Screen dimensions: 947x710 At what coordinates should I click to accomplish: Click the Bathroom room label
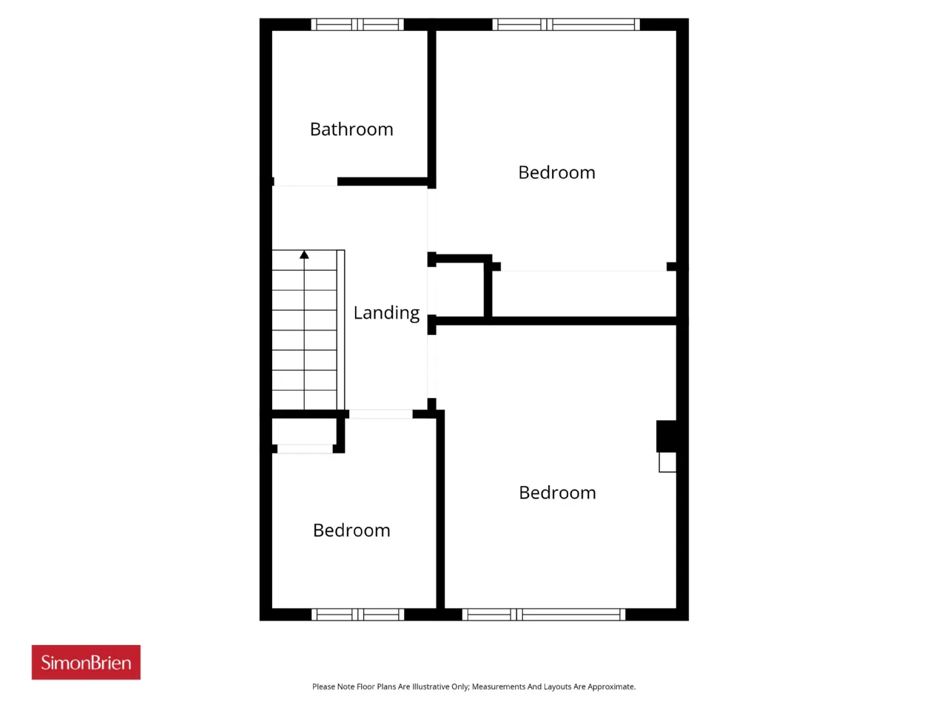click(351, 129)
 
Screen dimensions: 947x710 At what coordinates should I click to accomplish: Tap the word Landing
click(386, 313)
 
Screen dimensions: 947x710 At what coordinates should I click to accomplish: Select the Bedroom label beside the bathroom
click(556, 172)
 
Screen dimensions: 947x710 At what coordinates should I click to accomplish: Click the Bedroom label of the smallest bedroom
click(351, 530)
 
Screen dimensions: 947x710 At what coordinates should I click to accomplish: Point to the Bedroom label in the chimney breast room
click(557, 493)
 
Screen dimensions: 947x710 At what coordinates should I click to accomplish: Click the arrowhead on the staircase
click(304, 254)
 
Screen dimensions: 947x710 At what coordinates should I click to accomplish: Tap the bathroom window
click(357, 24)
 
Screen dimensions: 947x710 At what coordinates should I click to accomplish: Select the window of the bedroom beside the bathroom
click(566, 24)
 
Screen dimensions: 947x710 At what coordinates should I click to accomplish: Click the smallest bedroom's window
click(357, 615)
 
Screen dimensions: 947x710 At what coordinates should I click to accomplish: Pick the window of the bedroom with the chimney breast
click(544, 615)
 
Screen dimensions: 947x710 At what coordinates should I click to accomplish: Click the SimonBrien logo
click(86, 662)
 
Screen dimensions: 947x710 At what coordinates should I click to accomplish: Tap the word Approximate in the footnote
click(611, 687)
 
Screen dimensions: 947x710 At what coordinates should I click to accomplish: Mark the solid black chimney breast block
click(666, 436)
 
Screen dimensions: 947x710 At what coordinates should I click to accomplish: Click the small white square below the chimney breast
click(667, 462)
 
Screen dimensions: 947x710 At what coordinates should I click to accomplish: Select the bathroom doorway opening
click(306, 182)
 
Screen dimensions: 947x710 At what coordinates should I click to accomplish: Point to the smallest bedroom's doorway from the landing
click(380, 414)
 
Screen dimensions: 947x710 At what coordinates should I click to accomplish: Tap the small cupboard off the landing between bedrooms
click(459, 290)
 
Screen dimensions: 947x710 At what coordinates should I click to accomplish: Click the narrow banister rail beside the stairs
click(340, 330)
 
